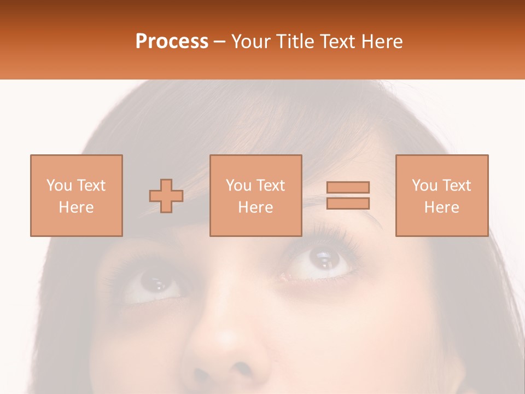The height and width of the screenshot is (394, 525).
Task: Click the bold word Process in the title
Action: (x=172, y=42)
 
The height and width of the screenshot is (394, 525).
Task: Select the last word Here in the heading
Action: (x=382, y=42)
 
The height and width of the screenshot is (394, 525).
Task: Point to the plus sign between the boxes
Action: (x=166, y=196)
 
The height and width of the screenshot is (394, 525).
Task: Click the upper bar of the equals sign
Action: (x=348, y=187)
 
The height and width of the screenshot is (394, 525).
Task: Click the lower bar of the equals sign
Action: (x=348, y=204)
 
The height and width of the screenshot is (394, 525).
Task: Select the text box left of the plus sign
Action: (x=76, y=196)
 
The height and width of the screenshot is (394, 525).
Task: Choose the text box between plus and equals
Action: (x=255, y=196)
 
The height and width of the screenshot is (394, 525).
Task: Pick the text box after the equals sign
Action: (x=442, y=196)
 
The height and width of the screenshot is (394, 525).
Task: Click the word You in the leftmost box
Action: (x=59, y=186)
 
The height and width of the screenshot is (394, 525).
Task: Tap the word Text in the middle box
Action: (x=271, y=186)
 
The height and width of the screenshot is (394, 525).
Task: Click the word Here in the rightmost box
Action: (x=442, y=207)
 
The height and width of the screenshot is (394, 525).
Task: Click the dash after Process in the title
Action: (x=220, y=42)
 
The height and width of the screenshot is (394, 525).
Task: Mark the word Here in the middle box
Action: (x=255, y=207)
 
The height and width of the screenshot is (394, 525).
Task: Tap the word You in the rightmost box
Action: (x=424, y=186)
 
